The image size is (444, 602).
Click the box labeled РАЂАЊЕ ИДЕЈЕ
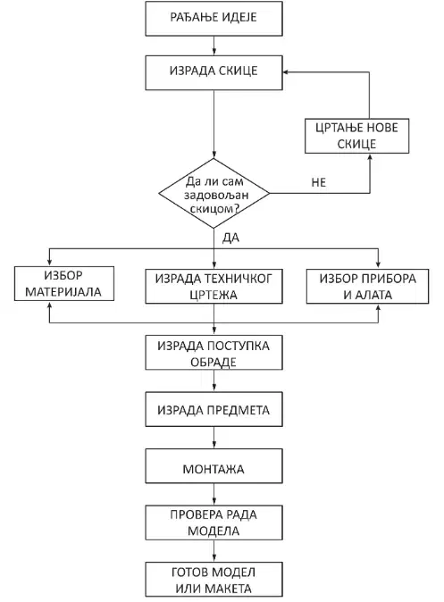click(214, 19)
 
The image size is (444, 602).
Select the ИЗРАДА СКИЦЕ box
click(214, 72)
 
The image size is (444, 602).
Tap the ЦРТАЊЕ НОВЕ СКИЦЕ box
click(356, 136)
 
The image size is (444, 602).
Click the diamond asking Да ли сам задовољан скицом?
click(214, 194)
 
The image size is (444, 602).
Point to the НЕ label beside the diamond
click(318, 182)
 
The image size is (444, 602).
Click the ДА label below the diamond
click(230, 238)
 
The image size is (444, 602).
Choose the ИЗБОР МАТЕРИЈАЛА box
click(64, 283)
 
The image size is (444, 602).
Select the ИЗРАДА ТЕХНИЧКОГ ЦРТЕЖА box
click(214, 287)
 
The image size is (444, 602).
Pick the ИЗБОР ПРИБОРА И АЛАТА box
click(367, 287)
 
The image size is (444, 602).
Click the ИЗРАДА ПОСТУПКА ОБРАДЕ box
click(214, 353)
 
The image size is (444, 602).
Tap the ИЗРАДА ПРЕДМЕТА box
click(214, 409)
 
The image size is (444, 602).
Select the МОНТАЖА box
click(214, 466)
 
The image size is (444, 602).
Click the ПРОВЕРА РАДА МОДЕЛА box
click(214, 523)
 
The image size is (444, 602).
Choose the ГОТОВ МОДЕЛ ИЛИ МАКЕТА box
click(214, 580)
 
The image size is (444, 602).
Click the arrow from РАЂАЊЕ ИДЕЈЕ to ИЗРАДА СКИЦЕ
click(214, 46)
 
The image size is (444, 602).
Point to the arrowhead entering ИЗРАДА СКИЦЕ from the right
click(286, 71)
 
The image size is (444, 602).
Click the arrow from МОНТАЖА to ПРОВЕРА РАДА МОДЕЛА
click(214, 495)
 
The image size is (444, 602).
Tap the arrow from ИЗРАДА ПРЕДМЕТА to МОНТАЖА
click(214, 438)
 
